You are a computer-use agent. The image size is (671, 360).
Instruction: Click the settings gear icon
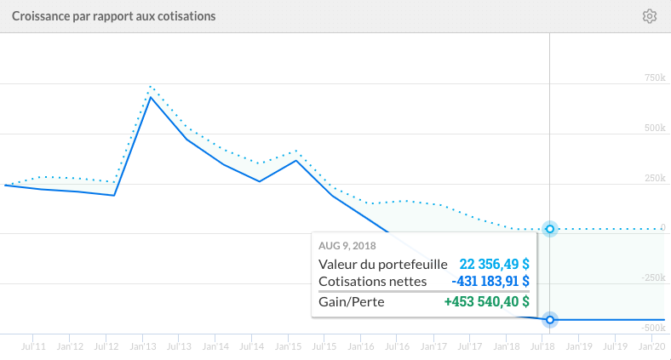650,16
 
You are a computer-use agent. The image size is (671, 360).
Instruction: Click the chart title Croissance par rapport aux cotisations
113,16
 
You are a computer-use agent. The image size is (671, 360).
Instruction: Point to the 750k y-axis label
653,78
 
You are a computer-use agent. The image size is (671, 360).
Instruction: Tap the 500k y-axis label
653,128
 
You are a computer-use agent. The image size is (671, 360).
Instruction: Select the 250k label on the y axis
653,178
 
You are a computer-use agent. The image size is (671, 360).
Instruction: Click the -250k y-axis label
651,277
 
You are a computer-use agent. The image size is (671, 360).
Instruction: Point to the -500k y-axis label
651,327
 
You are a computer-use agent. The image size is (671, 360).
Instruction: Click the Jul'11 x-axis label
33,346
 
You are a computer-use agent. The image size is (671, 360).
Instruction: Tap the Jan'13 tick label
142,346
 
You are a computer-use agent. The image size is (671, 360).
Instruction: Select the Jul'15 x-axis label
324,346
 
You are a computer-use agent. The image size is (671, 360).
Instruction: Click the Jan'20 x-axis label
651,346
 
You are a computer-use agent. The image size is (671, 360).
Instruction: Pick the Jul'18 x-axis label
543,346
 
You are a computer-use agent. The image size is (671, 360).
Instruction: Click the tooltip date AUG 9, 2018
347,246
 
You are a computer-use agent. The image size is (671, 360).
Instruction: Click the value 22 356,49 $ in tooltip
489,264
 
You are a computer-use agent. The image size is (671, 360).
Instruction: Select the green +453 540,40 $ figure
486,301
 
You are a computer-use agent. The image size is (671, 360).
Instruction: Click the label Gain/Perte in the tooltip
353,301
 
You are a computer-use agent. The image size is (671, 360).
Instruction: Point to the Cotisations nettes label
372,281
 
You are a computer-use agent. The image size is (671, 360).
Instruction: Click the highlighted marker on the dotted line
550,229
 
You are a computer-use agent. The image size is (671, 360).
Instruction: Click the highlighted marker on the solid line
550,320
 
